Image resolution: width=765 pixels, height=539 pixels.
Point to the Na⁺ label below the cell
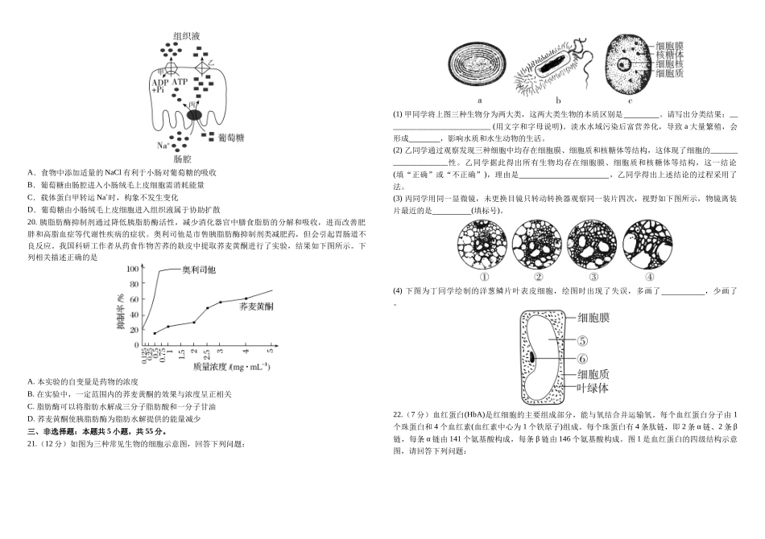tap(164, 146)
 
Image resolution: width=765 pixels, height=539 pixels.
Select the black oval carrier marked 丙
tap(194, 115)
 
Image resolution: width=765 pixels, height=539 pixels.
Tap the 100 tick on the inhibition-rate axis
tap(132, 270)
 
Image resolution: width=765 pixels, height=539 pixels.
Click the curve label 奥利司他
tap(199, 270)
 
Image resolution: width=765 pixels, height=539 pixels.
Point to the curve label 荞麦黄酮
tap(257, 307)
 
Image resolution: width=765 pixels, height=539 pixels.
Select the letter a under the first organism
tap(480, 101)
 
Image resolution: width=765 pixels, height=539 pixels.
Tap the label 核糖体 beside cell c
tap(670, 55)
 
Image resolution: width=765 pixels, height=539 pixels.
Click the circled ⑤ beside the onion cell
tap(582, 340)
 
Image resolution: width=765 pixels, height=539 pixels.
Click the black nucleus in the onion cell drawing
tap(532, 356)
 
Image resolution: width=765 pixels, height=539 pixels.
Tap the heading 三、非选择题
tap(55, 431)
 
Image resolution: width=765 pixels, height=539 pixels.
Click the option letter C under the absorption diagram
tap(30, 196)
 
